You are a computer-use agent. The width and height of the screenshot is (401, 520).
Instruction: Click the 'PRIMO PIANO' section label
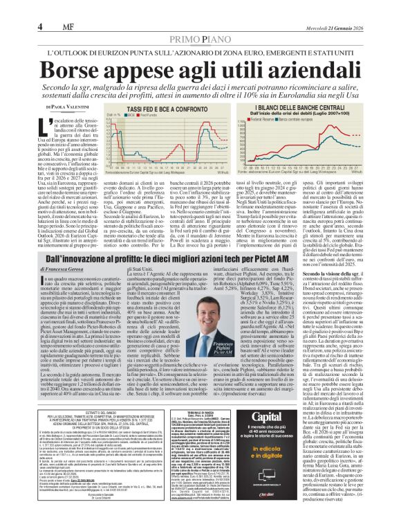pos(200,21)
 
